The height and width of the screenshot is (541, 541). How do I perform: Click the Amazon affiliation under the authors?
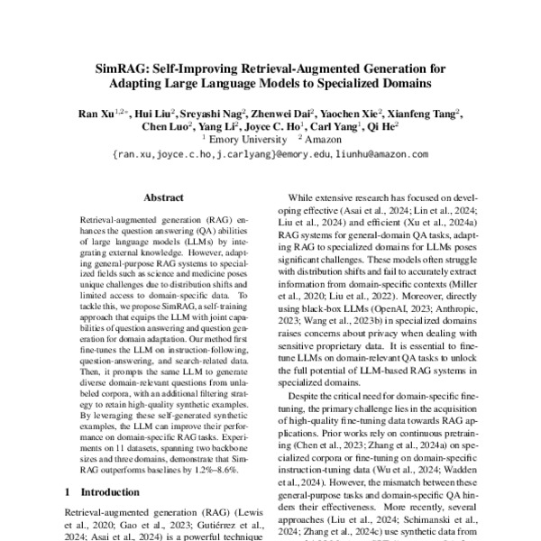(325, 140)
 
